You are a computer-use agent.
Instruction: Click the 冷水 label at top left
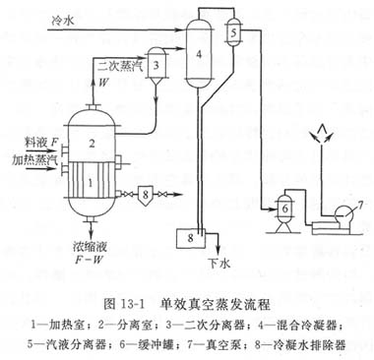point(63,22)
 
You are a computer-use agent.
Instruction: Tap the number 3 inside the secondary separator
point(156,65)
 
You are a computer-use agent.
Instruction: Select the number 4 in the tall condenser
point(199,54)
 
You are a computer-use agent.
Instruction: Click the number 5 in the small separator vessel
point(233,33)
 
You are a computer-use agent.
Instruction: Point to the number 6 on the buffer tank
point(285,209)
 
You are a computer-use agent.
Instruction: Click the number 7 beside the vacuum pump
point(360,206)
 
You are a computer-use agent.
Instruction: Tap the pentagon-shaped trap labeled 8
point(146,195)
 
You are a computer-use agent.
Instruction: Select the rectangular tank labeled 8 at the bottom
point(190,238)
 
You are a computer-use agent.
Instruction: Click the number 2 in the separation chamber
point(92,144)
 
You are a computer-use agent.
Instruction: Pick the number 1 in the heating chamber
point(91,183)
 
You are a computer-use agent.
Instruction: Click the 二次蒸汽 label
point(120,67)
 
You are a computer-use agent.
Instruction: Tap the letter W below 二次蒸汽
point(103,82)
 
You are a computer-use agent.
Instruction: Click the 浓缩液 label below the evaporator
point(91,247)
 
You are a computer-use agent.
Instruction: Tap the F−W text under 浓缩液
point(90,260)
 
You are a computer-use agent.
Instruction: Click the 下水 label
point(218,263)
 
